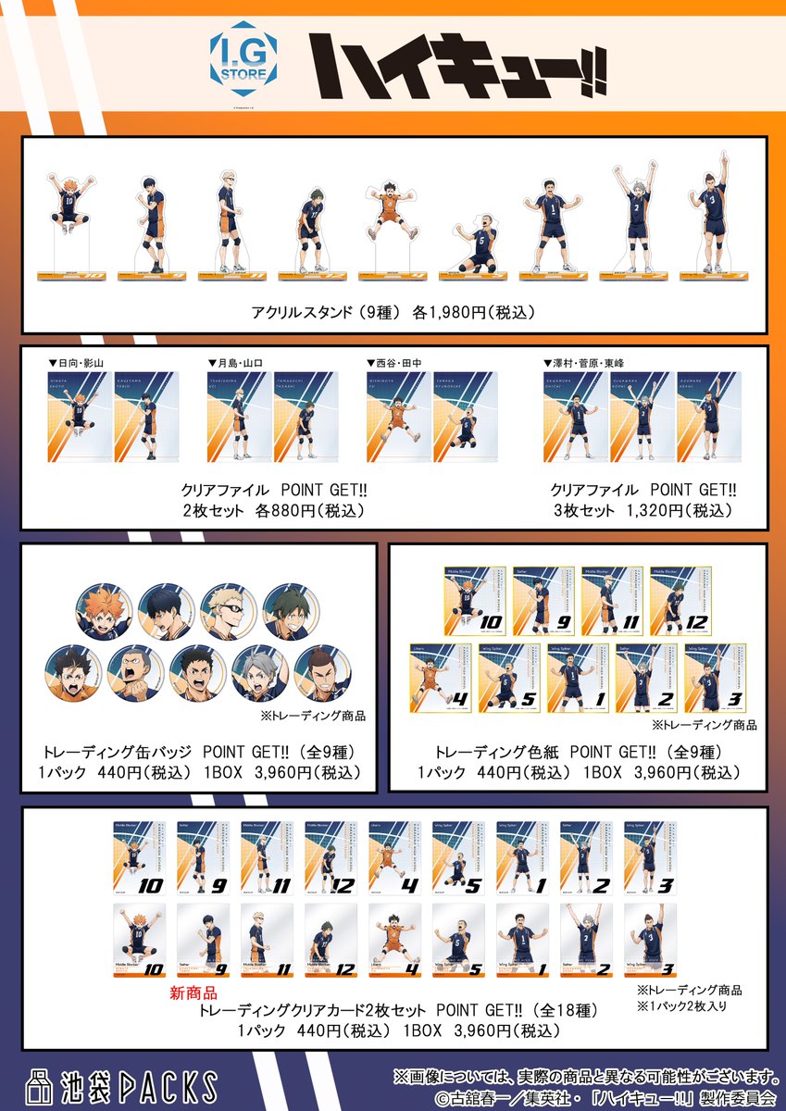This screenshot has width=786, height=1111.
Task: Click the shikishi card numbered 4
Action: point(441,678)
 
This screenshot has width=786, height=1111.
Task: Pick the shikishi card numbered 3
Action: point(714,678)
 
